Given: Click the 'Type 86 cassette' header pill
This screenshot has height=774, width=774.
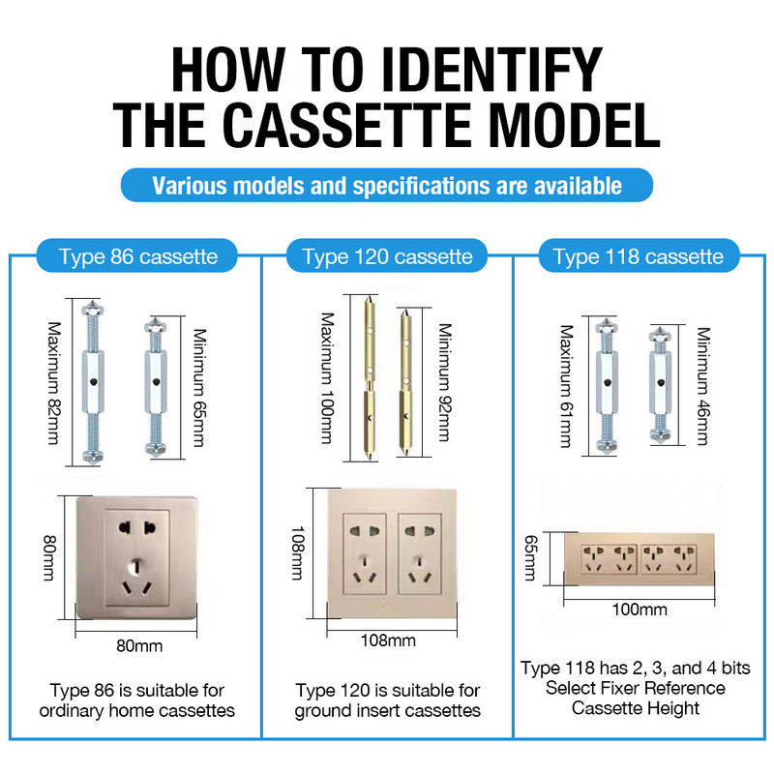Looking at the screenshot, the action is click(x=136, y=255).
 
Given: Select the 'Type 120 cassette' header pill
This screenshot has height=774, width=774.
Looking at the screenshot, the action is click(x=387, y=255).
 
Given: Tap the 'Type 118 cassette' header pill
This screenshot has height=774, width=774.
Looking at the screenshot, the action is click(x=639, y=255).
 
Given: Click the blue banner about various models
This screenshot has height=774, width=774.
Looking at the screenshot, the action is click(x=387, y=185).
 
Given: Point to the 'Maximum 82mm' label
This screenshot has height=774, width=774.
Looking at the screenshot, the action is click(x=54, y=383).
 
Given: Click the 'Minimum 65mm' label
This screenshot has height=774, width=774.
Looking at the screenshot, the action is click(x=199, y=388).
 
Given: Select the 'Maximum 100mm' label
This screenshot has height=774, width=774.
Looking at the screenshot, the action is click(x=328, y=377).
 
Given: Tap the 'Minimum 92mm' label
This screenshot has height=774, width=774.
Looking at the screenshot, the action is click(x=445, y=382).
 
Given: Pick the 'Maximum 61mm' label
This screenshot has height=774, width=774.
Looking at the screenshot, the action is click(x=567, y=386).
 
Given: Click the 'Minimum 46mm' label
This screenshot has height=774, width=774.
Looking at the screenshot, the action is click(x=703, y=386).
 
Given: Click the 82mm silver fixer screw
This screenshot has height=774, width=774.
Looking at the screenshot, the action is click(x=92, y=382).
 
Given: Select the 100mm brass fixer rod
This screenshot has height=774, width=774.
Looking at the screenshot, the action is click(x=370, y=378).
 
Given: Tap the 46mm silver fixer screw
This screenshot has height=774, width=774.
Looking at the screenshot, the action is click(x=661, y=384).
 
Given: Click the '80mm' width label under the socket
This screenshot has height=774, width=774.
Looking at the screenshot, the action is click(x=139, y=645).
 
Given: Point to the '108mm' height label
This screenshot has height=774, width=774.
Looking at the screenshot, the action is click(x=298, y=552).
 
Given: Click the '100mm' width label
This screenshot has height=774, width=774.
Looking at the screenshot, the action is click(x=640, y=610).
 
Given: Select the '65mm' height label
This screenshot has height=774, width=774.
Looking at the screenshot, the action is click(x=530, y=558).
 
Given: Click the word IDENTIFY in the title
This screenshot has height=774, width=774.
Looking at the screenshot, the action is click(x=491, y=69).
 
